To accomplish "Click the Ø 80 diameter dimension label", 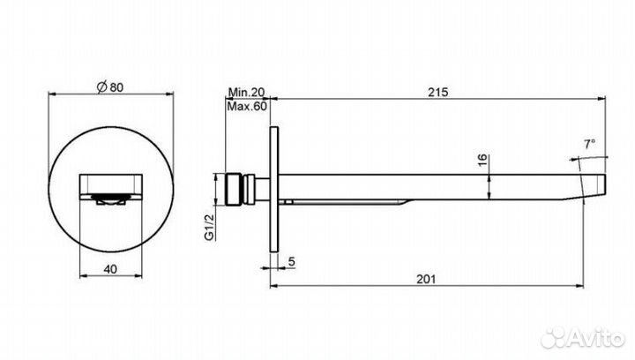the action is click(x=110, y=87).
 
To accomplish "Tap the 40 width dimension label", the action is click(x=110, y=269).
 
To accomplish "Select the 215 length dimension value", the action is click(x=438, y=93).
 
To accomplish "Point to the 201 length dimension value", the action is click(x=426, y=279).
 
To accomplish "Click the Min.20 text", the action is click(x=246, y=93).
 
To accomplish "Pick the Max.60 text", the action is click(x=247, y=107).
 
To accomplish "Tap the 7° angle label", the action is click(x=589, y=144).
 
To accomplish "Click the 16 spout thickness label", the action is click(x=482, y=160).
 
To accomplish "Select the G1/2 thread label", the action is click(x=209, y=228).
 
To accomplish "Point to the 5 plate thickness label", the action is click(x=292, y=262).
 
